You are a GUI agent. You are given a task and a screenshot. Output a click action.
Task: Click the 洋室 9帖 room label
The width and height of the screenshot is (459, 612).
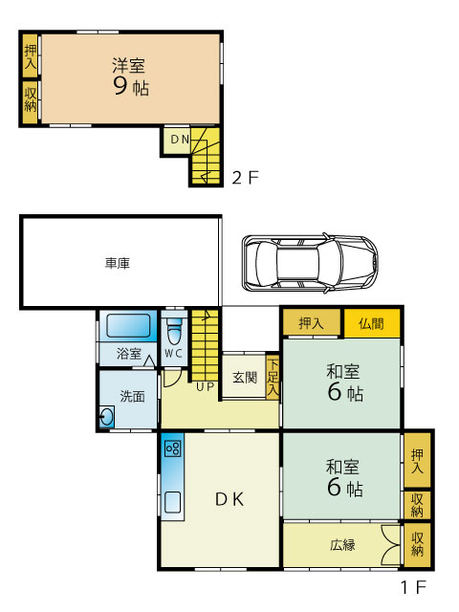pyautogui.click(x=131, y=76)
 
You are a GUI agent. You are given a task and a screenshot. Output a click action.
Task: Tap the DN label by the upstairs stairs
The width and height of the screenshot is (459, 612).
pyautogui.click(x=180, y=139)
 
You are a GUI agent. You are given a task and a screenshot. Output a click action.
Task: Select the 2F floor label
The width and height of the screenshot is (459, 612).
pyautogui.click(x=245, y=178)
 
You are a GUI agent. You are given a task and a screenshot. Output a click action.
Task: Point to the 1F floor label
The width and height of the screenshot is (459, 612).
pyautogui.click(x=413, y=587)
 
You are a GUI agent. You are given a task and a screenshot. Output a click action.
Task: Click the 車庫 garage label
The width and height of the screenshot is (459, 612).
pyautogui.click(x=117, y=263)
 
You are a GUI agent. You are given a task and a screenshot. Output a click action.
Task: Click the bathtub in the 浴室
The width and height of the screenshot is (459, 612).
pyautogui.click(x=128, y=325)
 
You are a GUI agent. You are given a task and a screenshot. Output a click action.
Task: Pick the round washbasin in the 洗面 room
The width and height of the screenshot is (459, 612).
pyautogui.click(x=107, y=417)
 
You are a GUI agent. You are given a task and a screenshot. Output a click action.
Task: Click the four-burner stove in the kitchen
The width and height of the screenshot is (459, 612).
pyautogui.click(x=173, y=448)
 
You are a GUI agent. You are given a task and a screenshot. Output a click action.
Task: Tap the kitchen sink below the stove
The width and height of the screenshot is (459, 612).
pyautogui.click(x=172, y=502)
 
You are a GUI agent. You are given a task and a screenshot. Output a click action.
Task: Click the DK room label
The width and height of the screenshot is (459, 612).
pyautogui.click(x=229, y=499)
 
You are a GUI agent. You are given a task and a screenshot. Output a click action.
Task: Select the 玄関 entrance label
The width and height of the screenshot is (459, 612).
pyautogui.click(x=245, y=378)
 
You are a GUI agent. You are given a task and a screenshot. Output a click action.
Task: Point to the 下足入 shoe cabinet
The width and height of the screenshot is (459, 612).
pyautogui.click(x=273, y=377)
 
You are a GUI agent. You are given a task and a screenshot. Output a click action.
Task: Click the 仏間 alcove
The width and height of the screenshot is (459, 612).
pyautogui.click(x=372, y=323)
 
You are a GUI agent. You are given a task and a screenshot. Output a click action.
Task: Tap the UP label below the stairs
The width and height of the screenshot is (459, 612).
pyautogui.click(x=206, y=386)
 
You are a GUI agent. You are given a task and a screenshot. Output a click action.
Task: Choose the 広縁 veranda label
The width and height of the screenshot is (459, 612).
pyautogui.click(x=342, y=544)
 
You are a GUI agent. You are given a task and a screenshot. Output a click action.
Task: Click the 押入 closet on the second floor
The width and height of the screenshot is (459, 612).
pyautogui.click(x=30, y=56)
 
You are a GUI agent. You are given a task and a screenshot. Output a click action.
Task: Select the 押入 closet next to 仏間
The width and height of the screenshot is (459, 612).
pyautogui.click(x=311, y=323)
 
